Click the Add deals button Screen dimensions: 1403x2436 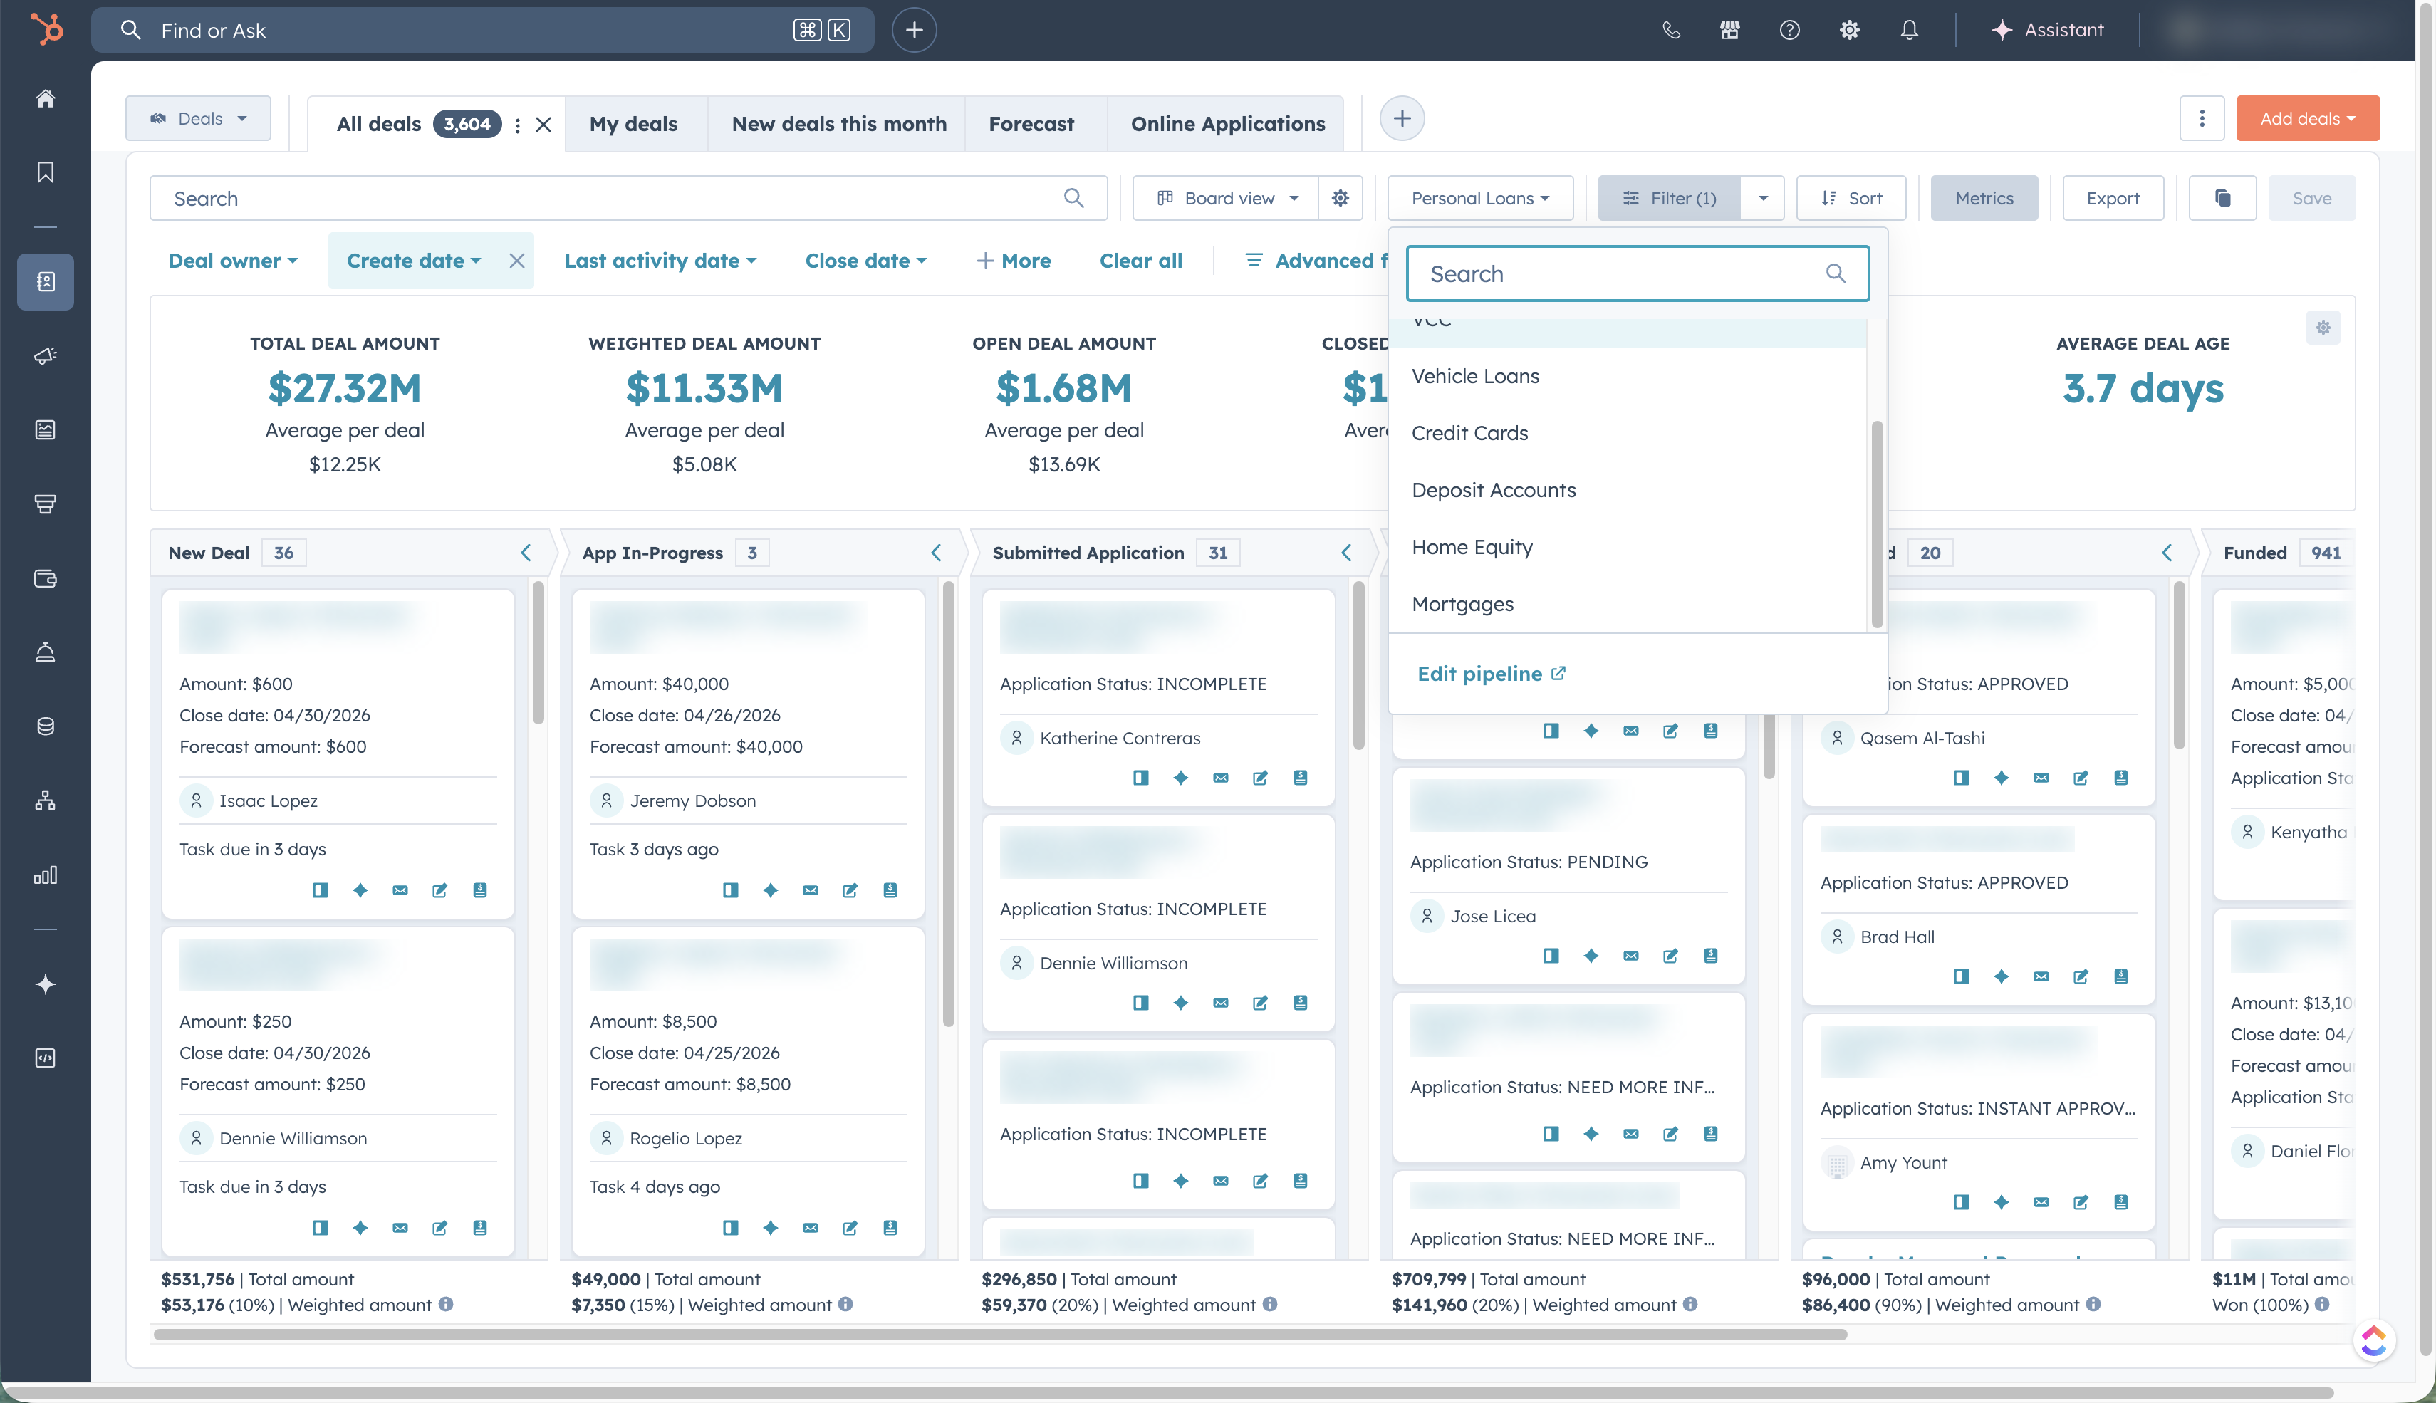click(x=2306, y=118)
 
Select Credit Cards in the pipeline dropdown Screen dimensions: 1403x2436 click(x=1469, y=433)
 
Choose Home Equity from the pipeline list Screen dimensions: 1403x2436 click(x=1472, y=548)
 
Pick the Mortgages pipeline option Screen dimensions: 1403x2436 click(x=1462, y=604)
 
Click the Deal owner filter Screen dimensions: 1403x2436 click(x=232, y=261)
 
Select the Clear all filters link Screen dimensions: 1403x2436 click(x=1140, y=261)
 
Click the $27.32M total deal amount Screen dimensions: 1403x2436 click(x=344, y=388)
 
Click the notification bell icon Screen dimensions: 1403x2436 click(x=1909, y=30)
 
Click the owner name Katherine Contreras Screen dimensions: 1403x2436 click(x=1119, y=738)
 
